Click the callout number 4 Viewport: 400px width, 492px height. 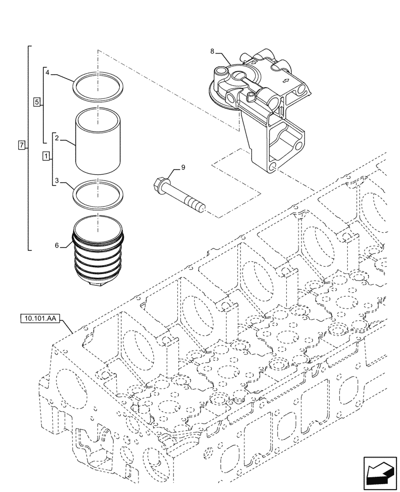tap(47, 73)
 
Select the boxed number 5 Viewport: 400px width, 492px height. tap(36, 102)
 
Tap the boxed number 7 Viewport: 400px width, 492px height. tap(21, 145)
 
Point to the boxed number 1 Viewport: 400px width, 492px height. tap(46, 156)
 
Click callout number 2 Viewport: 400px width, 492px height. tap(57, 139)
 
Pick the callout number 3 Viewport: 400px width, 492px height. tap(57, 182)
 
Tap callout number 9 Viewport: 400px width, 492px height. tap(183, 168)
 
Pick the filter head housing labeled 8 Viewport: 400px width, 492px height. tap(261, 108)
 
